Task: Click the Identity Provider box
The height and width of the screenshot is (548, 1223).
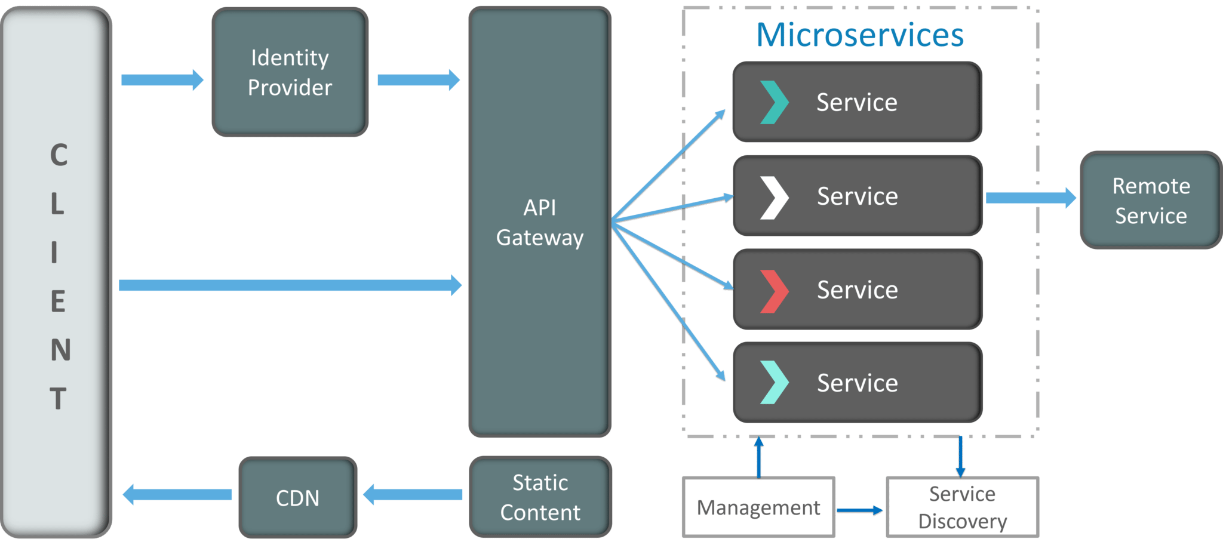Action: (x=290, y=72)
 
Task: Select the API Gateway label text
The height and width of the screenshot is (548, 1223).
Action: (x=540, y=223)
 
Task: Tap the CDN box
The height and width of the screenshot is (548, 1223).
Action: (x=297, y=498)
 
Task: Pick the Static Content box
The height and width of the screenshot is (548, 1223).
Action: (x=540, y=497)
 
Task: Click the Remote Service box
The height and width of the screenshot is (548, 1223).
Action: (x=1151, y=201)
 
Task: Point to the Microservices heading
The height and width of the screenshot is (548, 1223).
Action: (x=860, y=35)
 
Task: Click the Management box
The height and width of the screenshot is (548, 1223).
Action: (x=758, y=507)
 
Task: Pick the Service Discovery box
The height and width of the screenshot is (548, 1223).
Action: (x=963, y=507)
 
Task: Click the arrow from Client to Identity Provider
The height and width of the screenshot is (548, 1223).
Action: (x=162, y=80)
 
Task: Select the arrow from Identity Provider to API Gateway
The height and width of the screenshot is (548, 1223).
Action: (x=418, y=80)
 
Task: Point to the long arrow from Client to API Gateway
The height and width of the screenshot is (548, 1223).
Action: (x=290, y=285)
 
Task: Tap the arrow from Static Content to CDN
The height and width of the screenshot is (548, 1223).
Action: (x=413, y=494)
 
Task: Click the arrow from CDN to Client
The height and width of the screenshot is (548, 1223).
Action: (x=177, y=494)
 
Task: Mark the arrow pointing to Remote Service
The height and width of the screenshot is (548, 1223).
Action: (x=1031, y=198)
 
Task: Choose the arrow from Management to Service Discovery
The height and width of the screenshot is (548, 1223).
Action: (x=859, y=510)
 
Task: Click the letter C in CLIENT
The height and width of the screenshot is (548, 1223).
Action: (x=59, y=155)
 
